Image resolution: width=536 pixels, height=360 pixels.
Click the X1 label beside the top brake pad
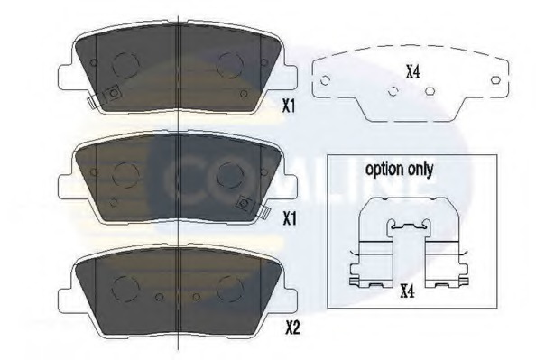(288, 106)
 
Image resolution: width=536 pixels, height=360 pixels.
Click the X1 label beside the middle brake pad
(289, 218)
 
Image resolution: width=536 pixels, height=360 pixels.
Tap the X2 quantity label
(292, 328)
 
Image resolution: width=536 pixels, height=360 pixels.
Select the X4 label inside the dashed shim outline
(413, 72)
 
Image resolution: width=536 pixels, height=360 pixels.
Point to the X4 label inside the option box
(408, 291)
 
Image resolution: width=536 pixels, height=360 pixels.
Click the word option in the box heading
(384, 170)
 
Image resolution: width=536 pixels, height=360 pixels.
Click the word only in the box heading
(420, 169)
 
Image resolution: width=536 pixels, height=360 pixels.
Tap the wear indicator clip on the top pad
(93, 102)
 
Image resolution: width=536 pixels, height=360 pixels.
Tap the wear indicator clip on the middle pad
(263, 212)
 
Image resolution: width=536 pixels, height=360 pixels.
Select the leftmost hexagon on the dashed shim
(325, 80)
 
